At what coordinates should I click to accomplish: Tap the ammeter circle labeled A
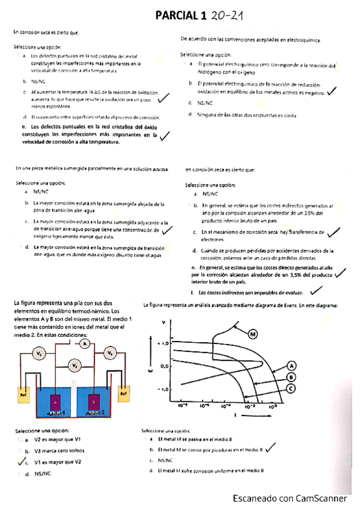click(85, 343)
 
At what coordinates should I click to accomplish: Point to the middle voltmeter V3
click(74, 364)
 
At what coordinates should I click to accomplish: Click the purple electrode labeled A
click(56, 401)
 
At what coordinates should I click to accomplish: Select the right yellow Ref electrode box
click(123, 393)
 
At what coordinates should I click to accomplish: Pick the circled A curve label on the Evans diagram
click(291, 365)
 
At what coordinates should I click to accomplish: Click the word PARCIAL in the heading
click(177, 14)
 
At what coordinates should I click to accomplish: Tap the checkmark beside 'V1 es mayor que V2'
click(22, 461)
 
